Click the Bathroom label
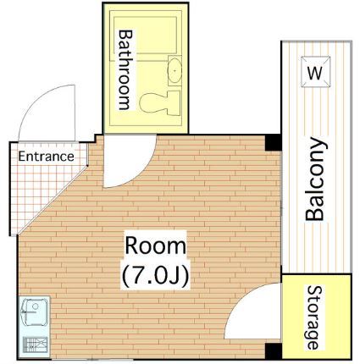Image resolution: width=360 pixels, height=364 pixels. pyautogui.click(x=125, y=69)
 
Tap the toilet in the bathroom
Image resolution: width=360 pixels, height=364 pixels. pyautogui.click(x=161, y=102)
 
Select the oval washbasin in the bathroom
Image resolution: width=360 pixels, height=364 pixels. pyautogui.click(x=176, y=70)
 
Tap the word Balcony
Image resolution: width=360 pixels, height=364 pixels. pyautogui.click(x=315, y=179)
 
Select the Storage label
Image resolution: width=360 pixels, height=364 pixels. pyautogui.click(x=314, y=318)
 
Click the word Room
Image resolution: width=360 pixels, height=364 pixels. pyautogui.click(x=155, y=246)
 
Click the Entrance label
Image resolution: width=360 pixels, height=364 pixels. pyautogui.click(x=47, y=157)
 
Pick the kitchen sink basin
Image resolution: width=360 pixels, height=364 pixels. pyautogui.click(x=35, y=314)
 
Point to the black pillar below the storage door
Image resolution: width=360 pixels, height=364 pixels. pyautogui.click(x=272, y=350)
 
